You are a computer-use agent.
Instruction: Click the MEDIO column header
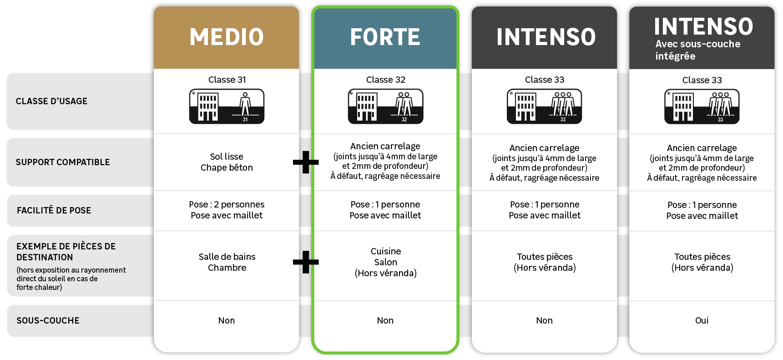[227, 37]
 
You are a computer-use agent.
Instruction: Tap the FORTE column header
[385, 37]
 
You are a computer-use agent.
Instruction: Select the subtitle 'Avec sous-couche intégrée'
[697, 50]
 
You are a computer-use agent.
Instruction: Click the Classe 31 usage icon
[227, 106]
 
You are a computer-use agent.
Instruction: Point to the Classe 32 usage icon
[385, 106]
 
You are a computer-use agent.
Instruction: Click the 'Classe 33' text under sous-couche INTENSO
[702, 80]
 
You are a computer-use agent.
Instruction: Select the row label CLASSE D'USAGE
[51, 101]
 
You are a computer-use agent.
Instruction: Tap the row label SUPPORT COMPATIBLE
[63, 162]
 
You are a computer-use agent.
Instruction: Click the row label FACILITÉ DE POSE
[54, 210]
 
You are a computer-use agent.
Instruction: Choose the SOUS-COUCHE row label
[48, 320]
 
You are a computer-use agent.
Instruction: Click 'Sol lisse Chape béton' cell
[227, 162]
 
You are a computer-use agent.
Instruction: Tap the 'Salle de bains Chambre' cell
[227, 262]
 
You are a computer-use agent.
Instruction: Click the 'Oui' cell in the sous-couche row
[702, 320]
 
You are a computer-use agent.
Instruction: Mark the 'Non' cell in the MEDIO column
[227, 320]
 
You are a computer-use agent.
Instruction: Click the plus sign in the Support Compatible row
[305, 162]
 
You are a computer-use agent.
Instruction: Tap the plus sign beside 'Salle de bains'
[305, 262]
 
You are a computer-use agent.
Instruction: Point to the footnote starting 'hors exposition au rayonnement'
[71, 279]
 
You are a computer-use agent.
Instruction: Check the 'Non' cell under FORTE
[385, 320]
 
